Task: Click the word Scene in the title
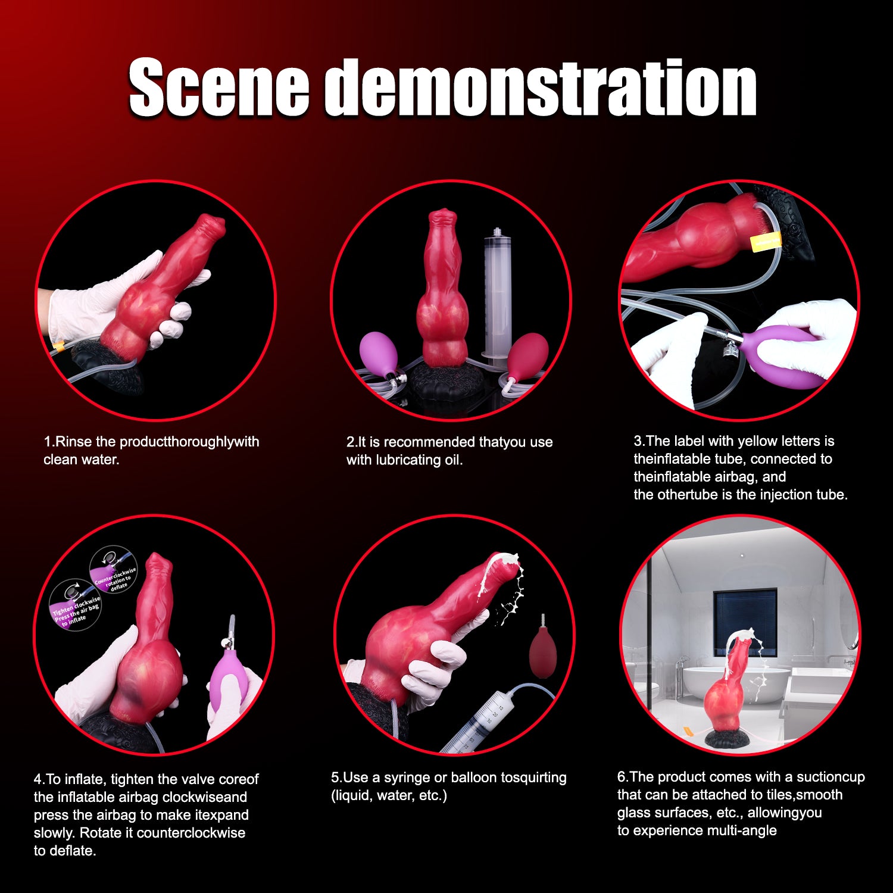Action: click(x=219, y=88)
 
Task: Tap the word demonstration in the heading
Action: click(x=541, y=88)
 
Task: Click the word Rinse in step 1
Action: click(x=74, y=442)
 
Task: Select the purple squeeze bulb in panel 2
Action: click(x=376, y=352)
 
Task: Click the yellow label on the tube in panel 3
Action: click(x=765, y=241)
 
